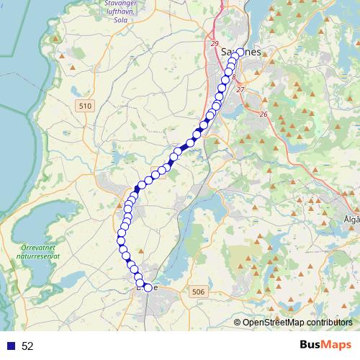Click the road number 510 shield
click(x=85, y=106)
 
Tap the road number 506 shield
click(x=199, y=291)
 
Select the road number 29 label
click(x=215, y=45)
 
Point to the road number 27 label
click(x=240, y=89)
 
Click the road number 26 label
click(x=264, y=114)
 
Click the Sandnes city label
click(x=240, y=52)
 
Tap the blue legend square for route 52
click(x=10, y=346)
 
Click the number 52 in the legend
click(x=28, y=346)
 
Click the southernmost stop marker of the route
click(x=148, y=287)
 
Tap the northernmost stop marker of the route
click(x=235, y=51)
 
